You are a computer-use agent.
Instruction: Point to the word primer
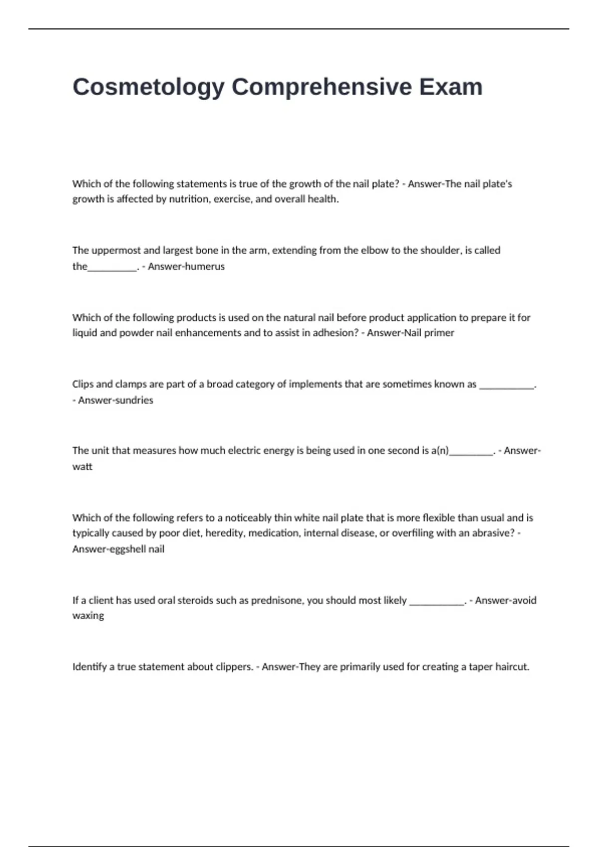click(439, 333)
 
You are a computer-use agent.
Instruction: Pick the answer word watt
click(82, 467)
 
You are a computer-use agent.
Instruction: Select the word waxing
click(88, 616)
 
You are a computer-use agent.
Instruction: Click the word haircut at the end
click(512, 667)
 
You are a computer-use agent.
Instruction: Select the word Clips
click(83, 384)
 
